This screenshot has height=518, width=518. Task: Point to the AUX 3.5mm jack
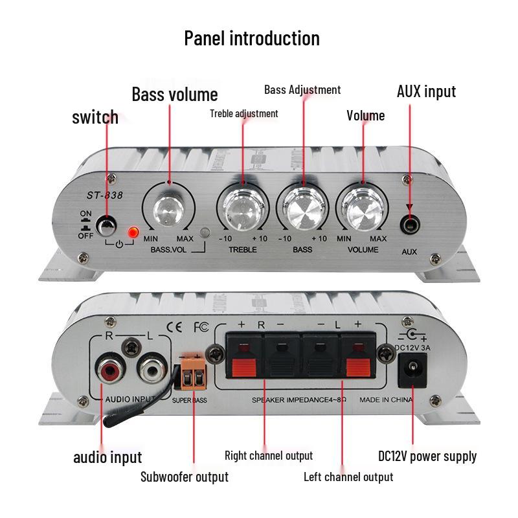(409, 227)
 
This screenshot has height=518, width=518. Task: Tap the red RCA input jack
(106, 372)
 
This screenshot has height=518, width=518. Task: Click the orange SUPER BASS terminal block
(192, 376)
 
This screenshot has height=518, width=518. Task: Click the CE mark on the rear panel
(174, 326)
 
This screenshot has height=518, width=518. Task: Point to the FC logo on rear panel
(201, 326)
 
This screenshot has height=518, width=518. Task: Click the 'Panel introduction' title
(252, 38)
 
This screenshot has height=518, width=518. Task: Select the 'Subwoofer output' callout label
(185, 477)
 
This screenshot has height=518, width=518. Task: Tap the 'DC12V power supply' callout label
(427, 456)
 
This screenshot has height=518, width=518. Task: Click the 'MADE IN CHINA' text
(386, 400)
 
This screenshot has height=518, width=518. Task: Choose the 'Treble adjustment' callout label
(244, 113)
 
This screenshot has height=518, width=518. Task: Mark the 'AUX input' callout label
(426, 91)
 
